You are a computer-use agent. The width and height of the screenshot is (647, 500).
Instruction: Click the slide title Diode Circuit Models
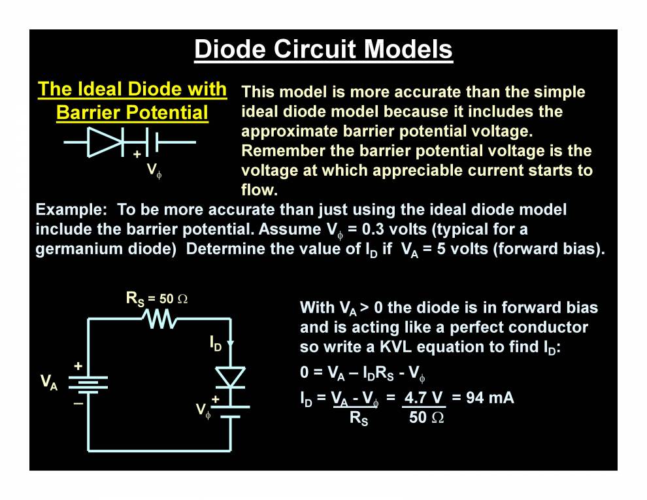pos(323,50)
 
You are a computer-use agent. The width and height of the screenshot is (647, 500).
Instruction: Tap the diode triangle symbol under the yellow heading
pos(105,141)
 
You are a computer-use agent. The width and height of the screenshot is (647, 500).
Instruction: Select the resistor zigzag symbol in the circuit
pos(158,319)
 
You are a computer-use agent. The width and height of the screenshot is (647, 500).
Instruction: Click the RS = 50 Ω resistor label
pos(157,299)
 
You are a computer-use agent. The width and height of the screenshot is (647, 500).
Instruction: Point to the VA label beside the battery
pos(49,382)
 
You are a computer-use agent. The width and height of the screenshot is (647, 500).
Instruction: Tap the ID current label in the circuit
pos(216,342)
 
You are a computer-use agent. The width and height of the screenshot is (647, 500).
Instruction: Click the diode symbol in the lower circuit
pos(230,377)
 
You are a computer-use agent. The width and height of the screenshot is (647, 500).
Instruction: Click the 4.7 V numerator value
pos(423,397)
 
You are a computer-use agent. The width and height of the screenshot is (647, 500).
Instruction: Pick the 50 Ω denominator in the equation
pos(426,418)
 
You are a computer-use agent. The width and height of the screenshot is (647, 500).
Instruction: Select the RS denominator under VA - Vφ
pos(359,419)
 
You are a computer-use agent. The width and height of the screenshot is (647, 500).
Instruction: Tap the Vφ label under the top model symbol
pos(154,171)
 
